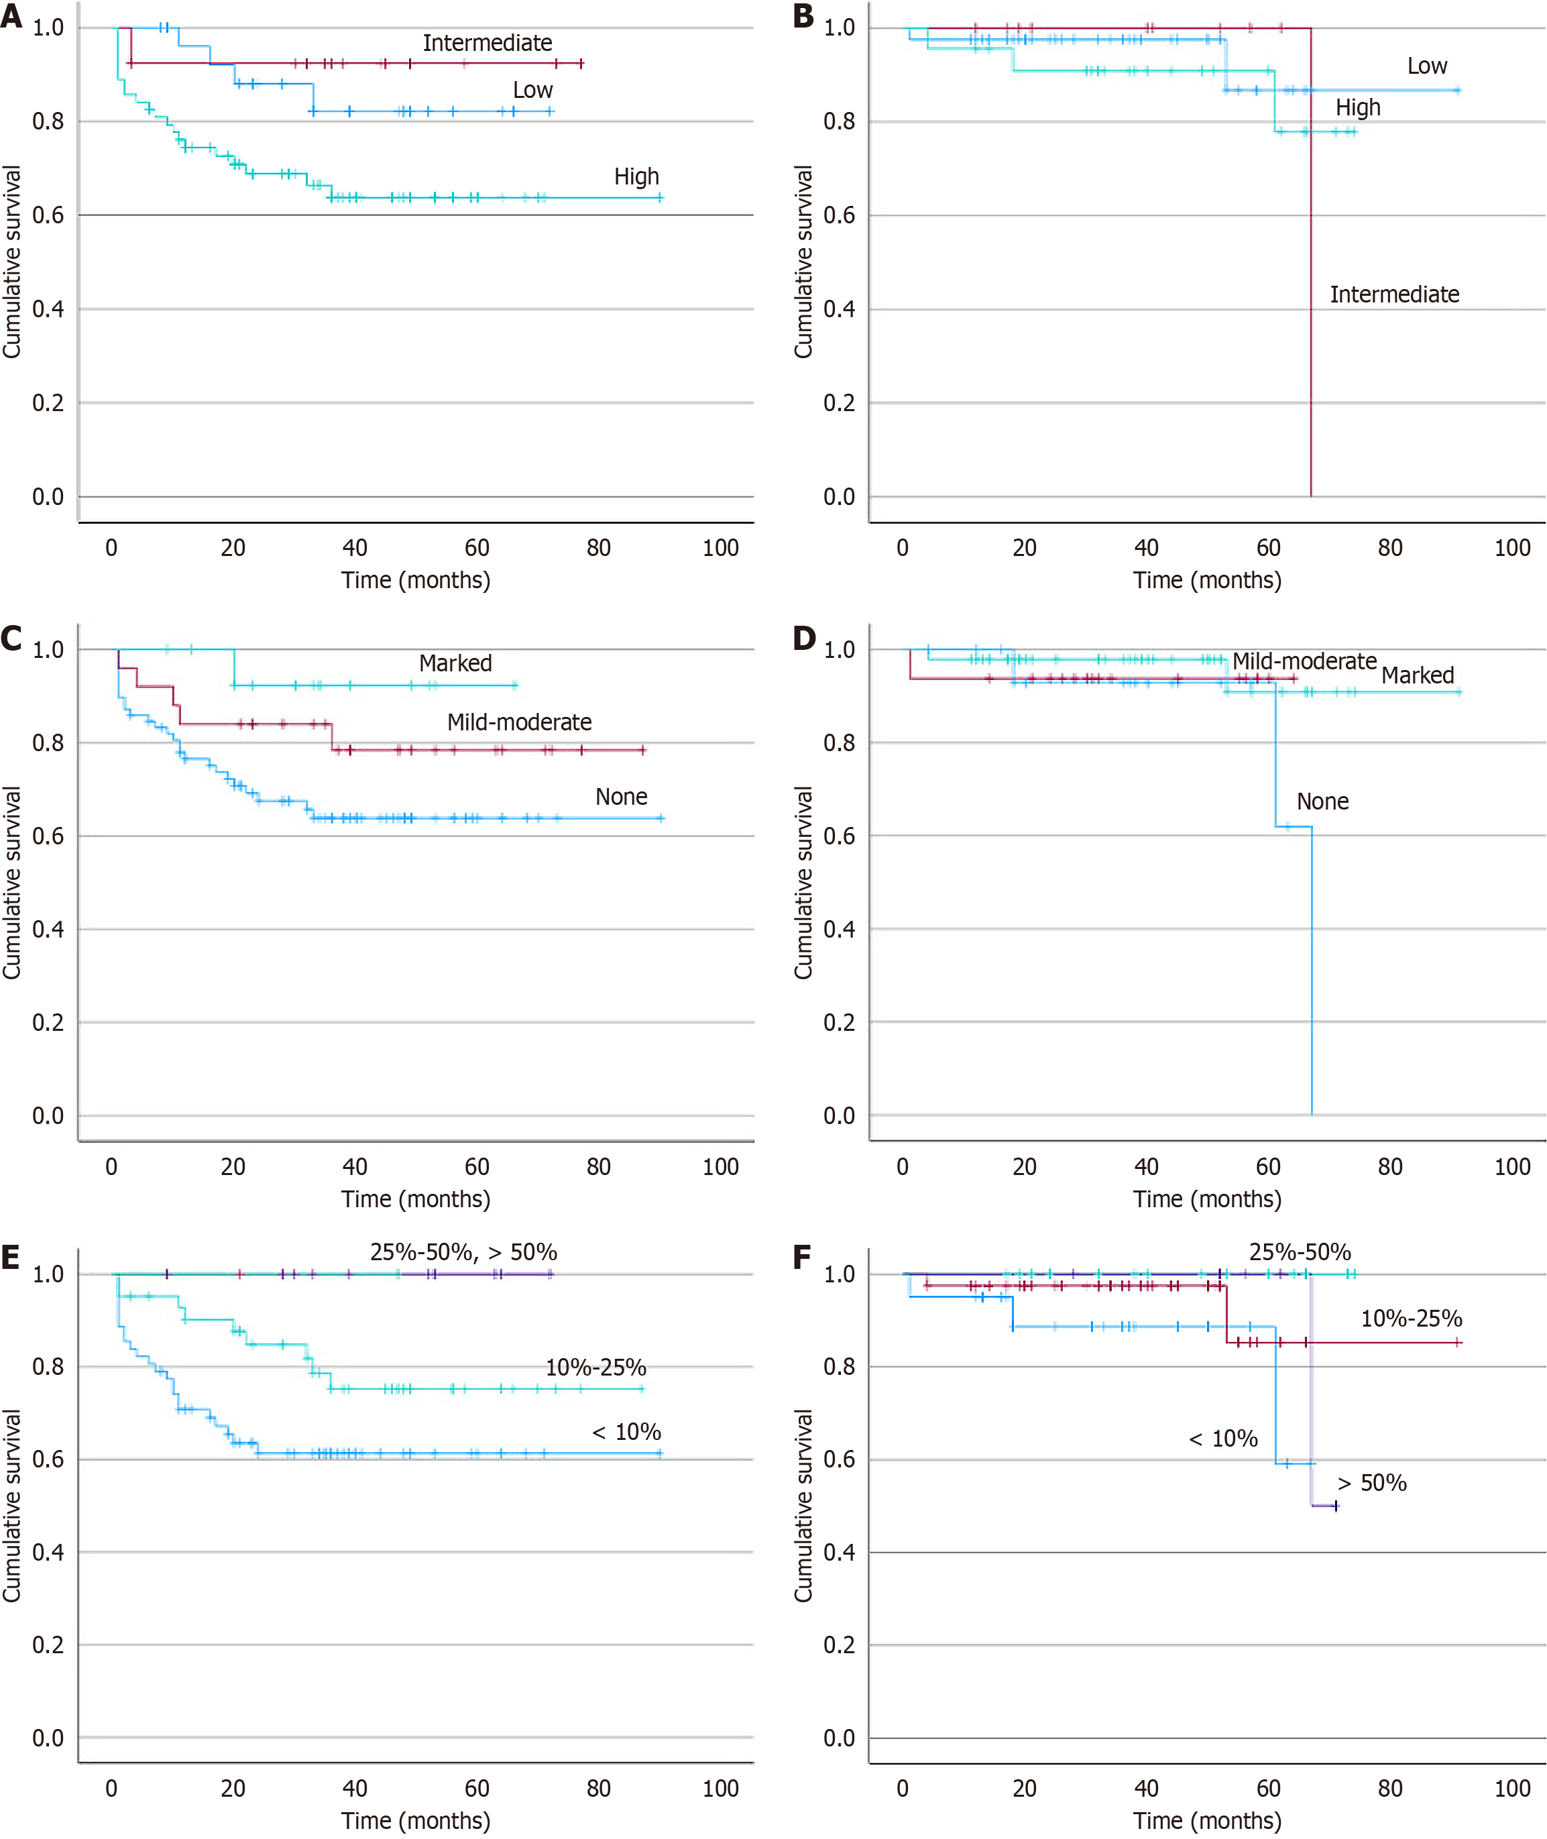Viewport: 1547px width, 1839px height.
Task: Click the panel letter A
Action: (x=11, y=16)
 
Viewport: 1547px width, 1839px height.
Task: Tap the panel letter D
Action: (x=803, y=638)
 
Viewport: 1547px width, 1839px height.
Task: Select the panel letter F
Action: (x=801, y=1258)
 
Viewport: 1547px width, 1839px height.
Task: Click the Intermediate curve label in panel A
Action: (x=487, y=43)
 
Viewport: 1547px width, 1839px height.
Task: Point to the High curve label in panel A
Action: (x=636, y=177)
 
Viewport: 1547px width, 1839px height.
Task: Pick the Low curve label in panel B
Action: (x=1427, y=66)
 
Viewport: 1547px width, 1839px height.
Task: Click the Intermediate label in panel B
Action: (x=1394, y=294)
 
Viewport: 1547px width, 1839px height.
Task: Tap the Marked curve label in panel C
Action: (x=455, y=663)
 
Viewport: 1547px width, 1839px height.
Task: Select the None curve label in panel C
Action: (x=621, y=797)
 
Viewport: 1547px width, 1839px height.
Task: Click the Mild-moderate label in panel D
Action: (x=1304, y=661)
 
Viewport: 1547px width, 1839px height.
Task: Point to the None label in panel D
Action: (x=1322, y=801)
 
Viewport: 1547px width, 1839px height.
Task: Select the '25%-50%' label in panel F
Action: (x=1300, y=1252)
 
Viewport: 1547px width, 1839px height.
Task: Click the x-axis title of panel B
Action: (x=1207, y=581)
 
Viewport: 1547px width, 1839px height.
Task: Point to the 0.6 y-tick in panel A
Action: (x=48, y=216)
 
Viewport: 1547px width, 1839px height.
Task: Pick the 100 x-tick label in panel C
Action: (x=720, y=1167)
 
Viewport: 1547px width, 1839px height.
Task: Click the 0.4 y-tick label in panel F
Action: (x=840, y=1553)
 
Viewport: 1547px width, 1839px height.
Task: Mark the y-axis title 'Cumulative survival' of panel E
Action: (x=11, y=1506)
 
